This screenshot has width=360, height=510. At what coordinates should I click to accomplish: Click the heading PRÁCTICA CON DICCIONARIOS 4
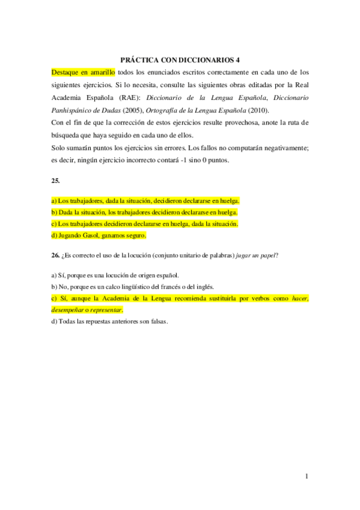click(180, 60)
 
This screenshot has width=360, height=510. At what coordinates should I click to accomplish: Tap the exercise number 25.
click(55, 179)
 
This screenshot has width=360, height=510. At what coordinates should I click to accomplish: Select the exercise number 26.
click(55, 255)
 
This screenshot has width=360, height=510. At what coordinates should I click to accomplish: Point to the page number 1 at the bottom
click(307, 476)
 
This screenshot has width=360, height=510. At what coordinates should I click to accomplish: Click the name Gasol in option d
click(91, 235)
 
